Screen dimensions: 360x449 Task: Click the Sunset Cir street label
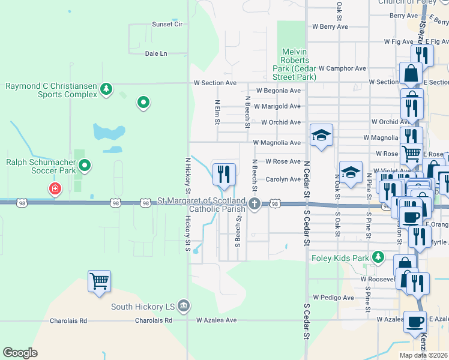[167, 24]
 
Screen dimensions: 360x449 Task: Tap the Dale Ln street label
[156, 53]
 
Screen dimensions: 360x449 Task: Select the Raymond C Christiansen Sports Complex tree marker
[106, 89]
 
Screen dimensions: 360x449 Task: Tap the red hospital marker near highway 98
[55, 189]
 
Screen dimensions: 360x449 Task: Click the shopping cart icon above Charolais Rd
[99, 281]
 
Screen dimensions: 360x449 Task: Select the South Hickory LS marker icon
[184, 307]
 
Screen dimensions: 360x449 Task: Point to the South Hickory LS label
[142, 307]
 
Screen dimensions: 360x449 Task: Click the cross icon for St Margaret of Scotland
[255, 204]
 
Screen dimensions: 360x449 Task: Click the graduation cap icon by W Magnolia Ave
[321, 135]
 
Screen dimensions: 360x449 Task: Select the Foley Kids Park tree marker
[378, 257]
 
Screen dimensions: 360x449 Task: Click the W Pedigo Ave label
[334, 297]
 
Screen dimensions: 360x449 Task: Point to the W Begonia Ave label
[278, 91]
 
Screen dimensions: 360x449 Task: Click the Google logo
[20, 352]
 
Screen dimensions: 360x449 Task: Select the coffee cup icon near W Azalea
[414, 322]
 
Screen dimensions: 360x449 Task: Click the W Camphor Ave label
[342, 68]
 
